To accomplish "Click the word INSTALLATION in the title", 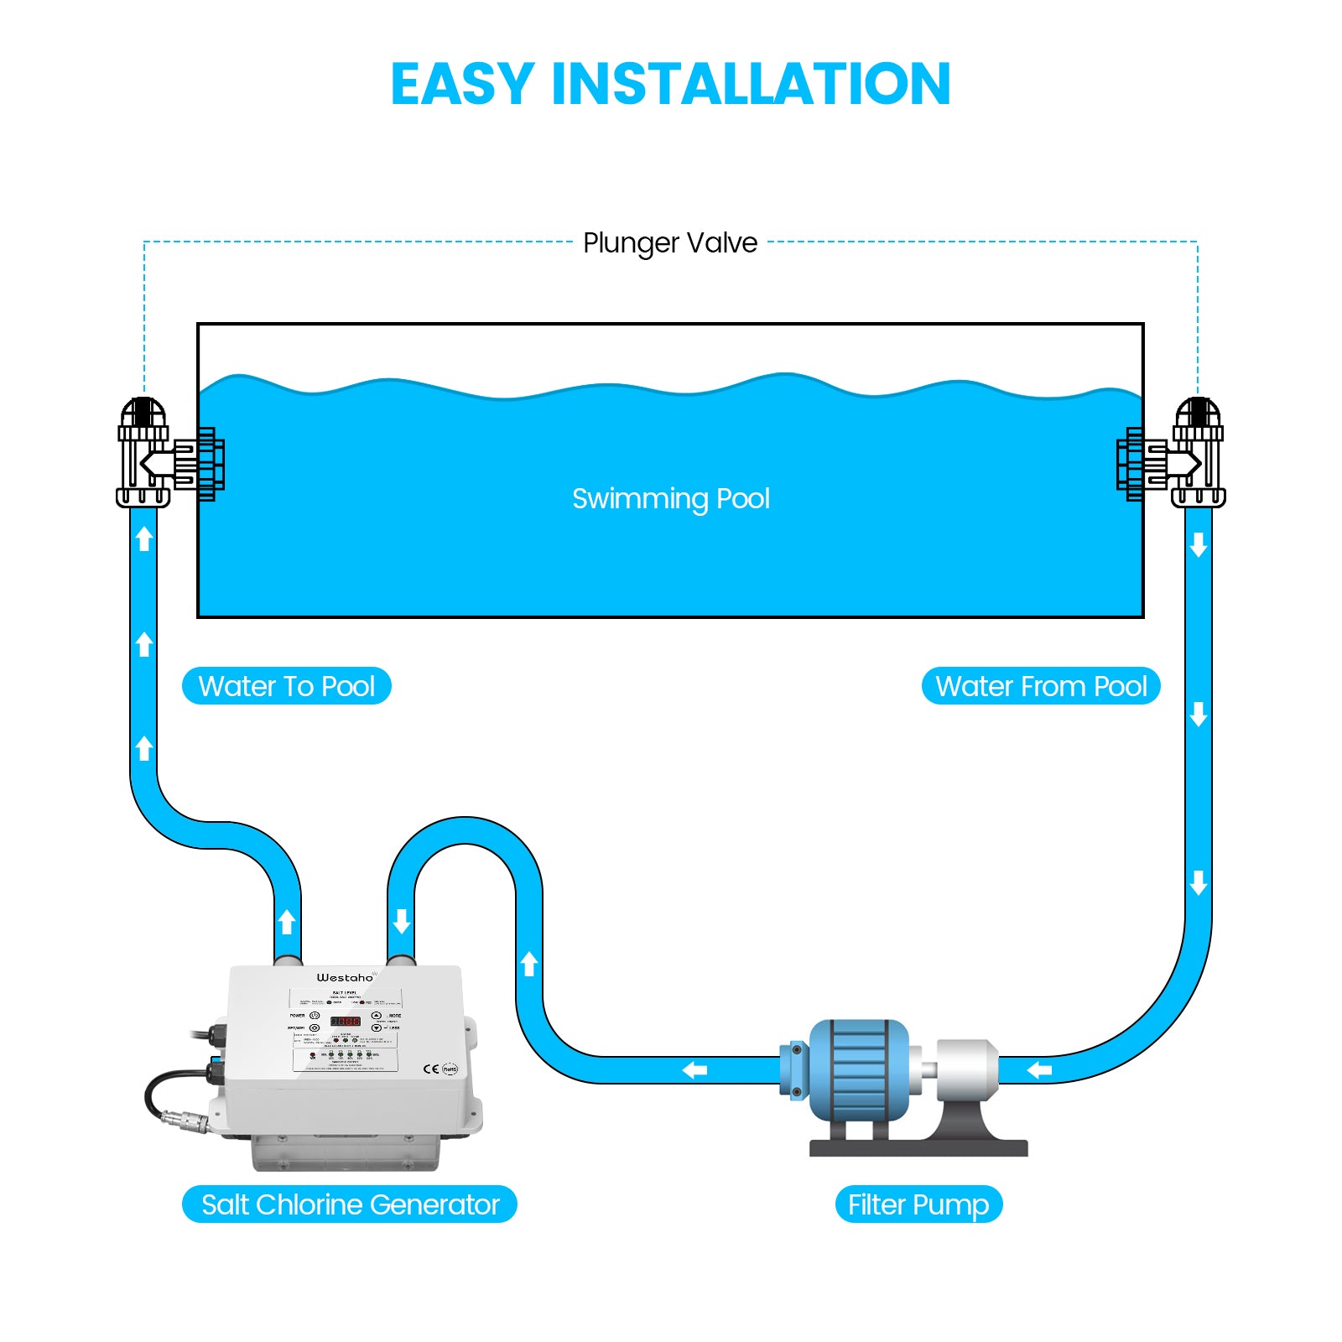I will pyautogui.click(x=751, y=84).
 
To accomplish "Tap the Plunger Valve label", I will pyautogui.click(x=670, y=243).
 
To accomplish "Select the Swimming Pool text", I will pyautogui.click(x=670, y=499).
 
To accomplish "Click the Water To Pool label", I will pyautogui.click(x=286, y=686).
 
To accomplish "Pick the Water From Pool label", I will pyautogui.click(x=1040, y=686).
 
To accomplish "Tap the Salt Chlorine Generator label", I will pyautogui.click(x=350, y=1204).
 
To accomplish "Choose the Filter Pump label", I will pyautogui.click(x=918, y=1204).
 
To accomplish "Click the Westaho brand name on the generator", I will pyautogui.click(x=345, y=978).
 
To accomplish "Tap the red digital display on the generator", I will pyautogui.click(x=345, y=1021).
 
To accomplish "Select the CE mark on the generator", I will pyautogui.click(x=431, y=1069).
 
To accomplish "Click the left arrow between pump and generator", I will pyautogui.click(x=694, y=1070).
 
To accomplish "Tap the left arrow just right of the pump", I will pyautogui.click(x=1039, y=1069).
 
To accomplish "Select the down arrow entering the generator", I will pyautogui.click(x=402, y=921).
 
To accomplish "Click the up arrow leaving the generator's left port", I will pyautogui.click(x=287, y=921).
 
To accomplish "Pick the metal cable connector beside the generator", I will pyautogui.click(x=178, y=1118).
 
